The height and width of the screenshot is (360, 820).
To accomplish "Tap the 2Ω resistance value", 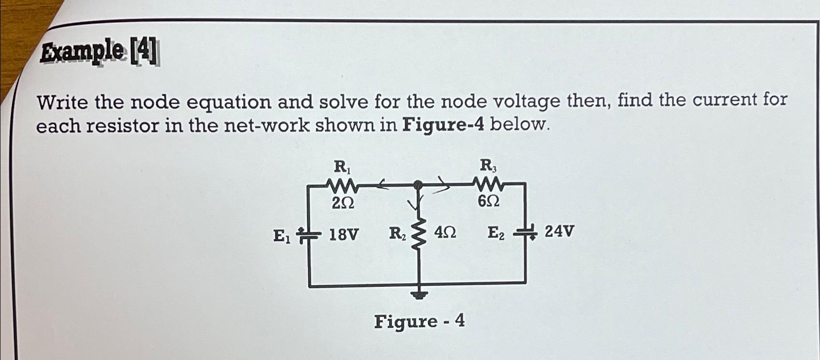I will tap(343, 204).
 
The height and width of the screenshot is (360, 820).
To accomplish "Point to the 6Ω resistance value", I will tap(488, 203).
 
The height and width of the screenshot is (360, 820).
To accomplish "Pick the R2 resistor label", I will tap(398, 234).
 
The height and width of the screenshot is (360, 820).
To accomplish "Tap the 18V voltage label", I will tap(344, 235).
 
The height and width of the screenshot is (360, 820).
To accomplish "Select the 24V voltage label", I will tap(559, 232).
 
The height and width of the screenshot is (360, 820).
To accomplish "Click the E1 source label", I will tap(281, 236).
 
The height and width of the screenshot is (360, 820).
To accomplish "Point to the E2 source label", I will tap(496, 233).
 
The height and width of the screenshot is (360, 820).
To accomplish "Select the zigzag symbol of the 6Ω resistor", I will tap(489, 184).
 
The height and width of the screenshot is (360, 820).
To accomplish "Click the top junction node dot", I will tap(418, 184).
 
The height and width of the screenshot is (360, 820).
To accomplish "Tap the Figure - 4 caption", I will tap(419, 321).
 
